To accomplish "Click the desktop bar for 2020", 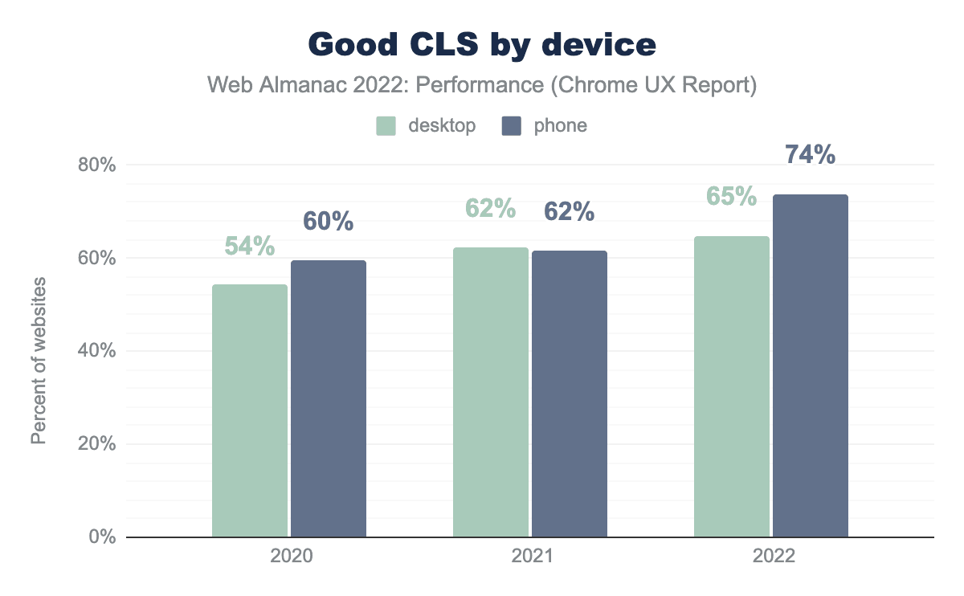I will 250,410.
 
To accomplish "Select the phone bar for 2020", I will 329,398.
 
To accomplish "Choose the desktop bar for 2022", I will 732,386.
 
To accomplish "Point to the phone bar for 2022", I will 811,365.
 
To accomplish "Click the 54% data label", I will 250,247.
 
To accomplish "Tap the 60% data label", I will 329,222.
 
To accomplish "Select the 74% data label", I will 810,154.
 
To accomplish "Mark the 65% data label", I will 732,197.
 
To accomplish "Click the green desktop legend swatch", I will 386,126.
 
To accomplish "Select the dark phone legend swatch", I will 512,126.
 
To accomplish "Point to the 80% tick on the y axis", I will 96,165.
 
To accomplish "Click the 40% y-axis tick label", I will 96,351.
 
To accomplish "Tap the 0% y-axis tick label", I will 102,537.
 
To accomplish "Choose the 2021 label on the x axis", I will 530,557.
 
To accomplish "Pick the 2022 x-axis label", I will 771,557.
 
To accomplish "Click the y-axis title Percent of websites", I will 39,360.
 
